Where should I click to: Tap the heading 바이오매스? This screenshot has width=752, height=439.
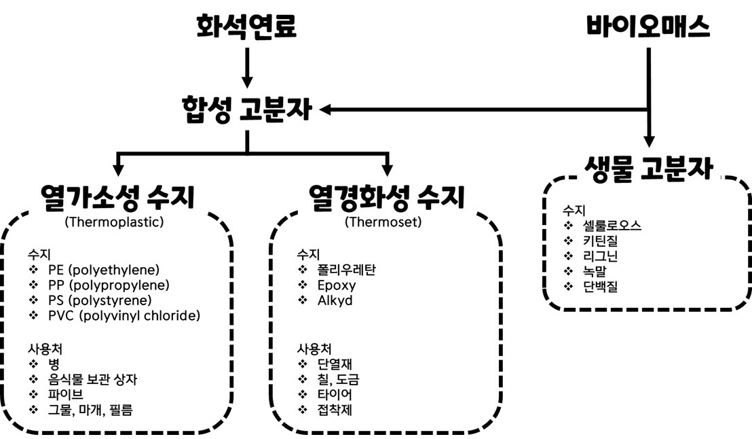pos(648,27)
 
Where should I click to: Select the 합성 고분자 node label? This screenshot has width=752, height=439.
pos(246,109)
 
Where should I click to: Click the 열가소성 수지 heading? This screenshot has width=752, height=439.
pos(117,198)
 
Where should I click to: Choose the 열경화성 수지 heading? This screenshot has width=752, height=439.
pos(386,198)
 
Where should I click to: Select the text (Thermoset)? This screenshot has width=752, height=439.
pos(383,222)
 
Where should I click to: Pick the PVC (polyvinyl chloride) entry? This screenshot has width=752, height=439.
pos(124,315)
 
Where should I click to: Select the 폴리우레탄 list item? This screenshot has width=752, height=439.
pos(346,270)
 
